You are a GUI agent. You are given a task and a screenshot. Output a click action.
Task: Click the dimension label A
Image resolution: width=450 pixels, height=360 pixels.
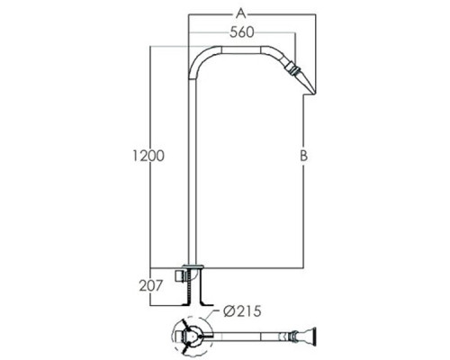click(x=241, y=13)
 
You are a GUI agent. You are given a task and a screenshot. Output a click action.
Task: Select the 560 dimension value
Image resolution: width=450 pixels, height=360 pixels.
click(x=242, y=32)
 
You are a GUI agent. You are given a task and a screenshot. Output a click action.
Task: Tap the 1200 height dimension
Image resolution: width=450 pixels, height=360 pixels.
click(x=148, y=156)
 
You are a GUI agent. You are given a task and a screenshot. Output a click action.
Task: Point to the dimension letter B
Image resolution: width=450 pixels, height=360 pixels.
click(x=304, y=156)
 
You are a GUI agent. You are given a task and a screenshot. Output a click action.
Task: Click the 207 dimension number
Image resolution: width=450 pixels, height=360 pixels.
click(x=150, y=285)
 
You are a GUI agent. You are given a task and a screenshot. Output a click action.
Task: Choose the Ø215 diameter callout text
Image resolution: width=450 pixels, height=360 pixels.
click(x=242, y=311)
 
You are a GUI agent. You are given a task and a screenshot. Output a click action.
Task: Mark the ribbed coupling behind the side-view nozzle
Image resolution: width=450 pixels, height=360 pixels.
click(x=292, y=69)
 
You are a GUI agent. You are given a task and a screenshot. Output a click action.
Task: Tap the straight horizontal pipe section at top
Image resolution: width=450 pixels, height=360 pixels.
click(x=241, y=49)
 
